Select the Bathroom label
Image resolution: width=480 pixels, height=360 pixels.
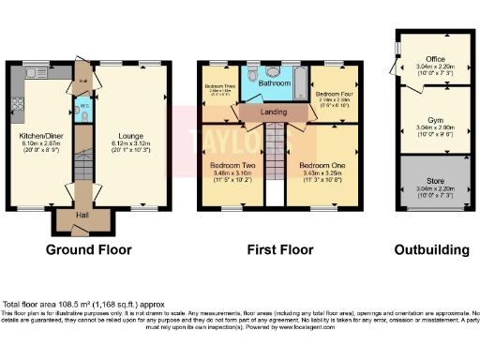(x=275, y=83)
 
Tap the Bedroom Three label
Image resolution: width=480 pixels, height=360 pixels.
(x=219, y=87)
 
